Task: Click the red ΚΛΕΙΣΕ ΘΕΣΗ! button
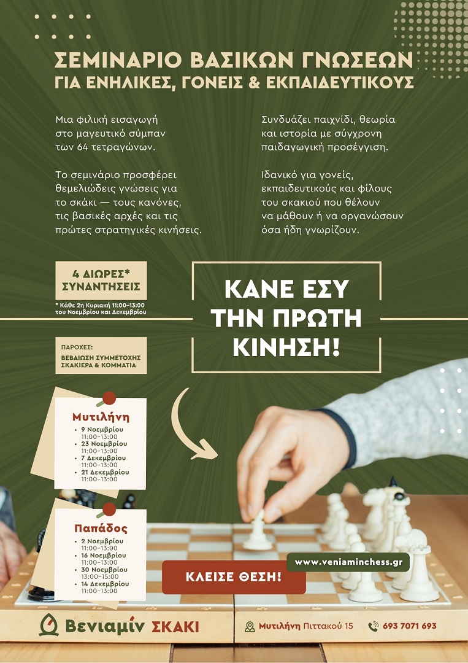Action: pos(234,576)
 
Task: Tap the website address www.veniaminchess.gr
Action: pos(348,562)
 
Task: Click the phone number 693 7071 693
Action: pos(409,626)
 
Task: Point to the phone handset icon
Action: pos(374,626)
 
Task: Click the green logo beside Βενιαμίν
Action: pos(48,625)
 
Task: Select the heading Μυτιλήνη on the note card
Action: pos(101,417)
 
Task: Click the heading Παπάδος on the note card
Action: pos(101,528)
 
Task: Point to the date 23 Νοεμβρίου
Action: pos(104,444)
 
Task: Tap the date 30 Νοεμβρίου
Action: pos(104,569)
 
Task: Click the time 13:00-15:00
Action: pos(100,576)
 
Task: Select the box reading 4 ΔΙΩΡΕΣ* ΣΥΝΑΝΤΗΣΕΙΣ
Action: pos(101,281)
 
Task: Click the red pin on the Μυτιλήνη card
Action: pos(109,398)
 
